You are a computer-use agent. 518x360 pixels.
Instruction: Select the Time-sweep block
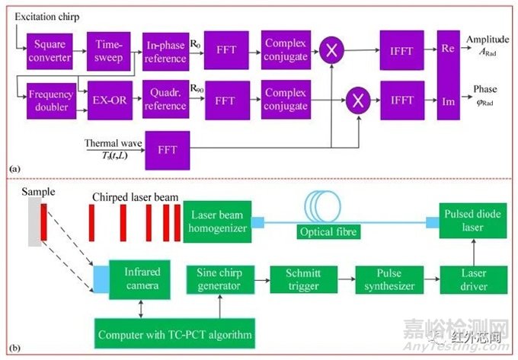point(108,49)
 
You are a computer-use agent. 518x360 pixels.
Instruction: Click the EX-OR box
point(108,100)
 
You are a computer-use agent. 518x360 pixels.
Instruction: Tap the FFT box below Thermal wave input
point(167,150)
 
